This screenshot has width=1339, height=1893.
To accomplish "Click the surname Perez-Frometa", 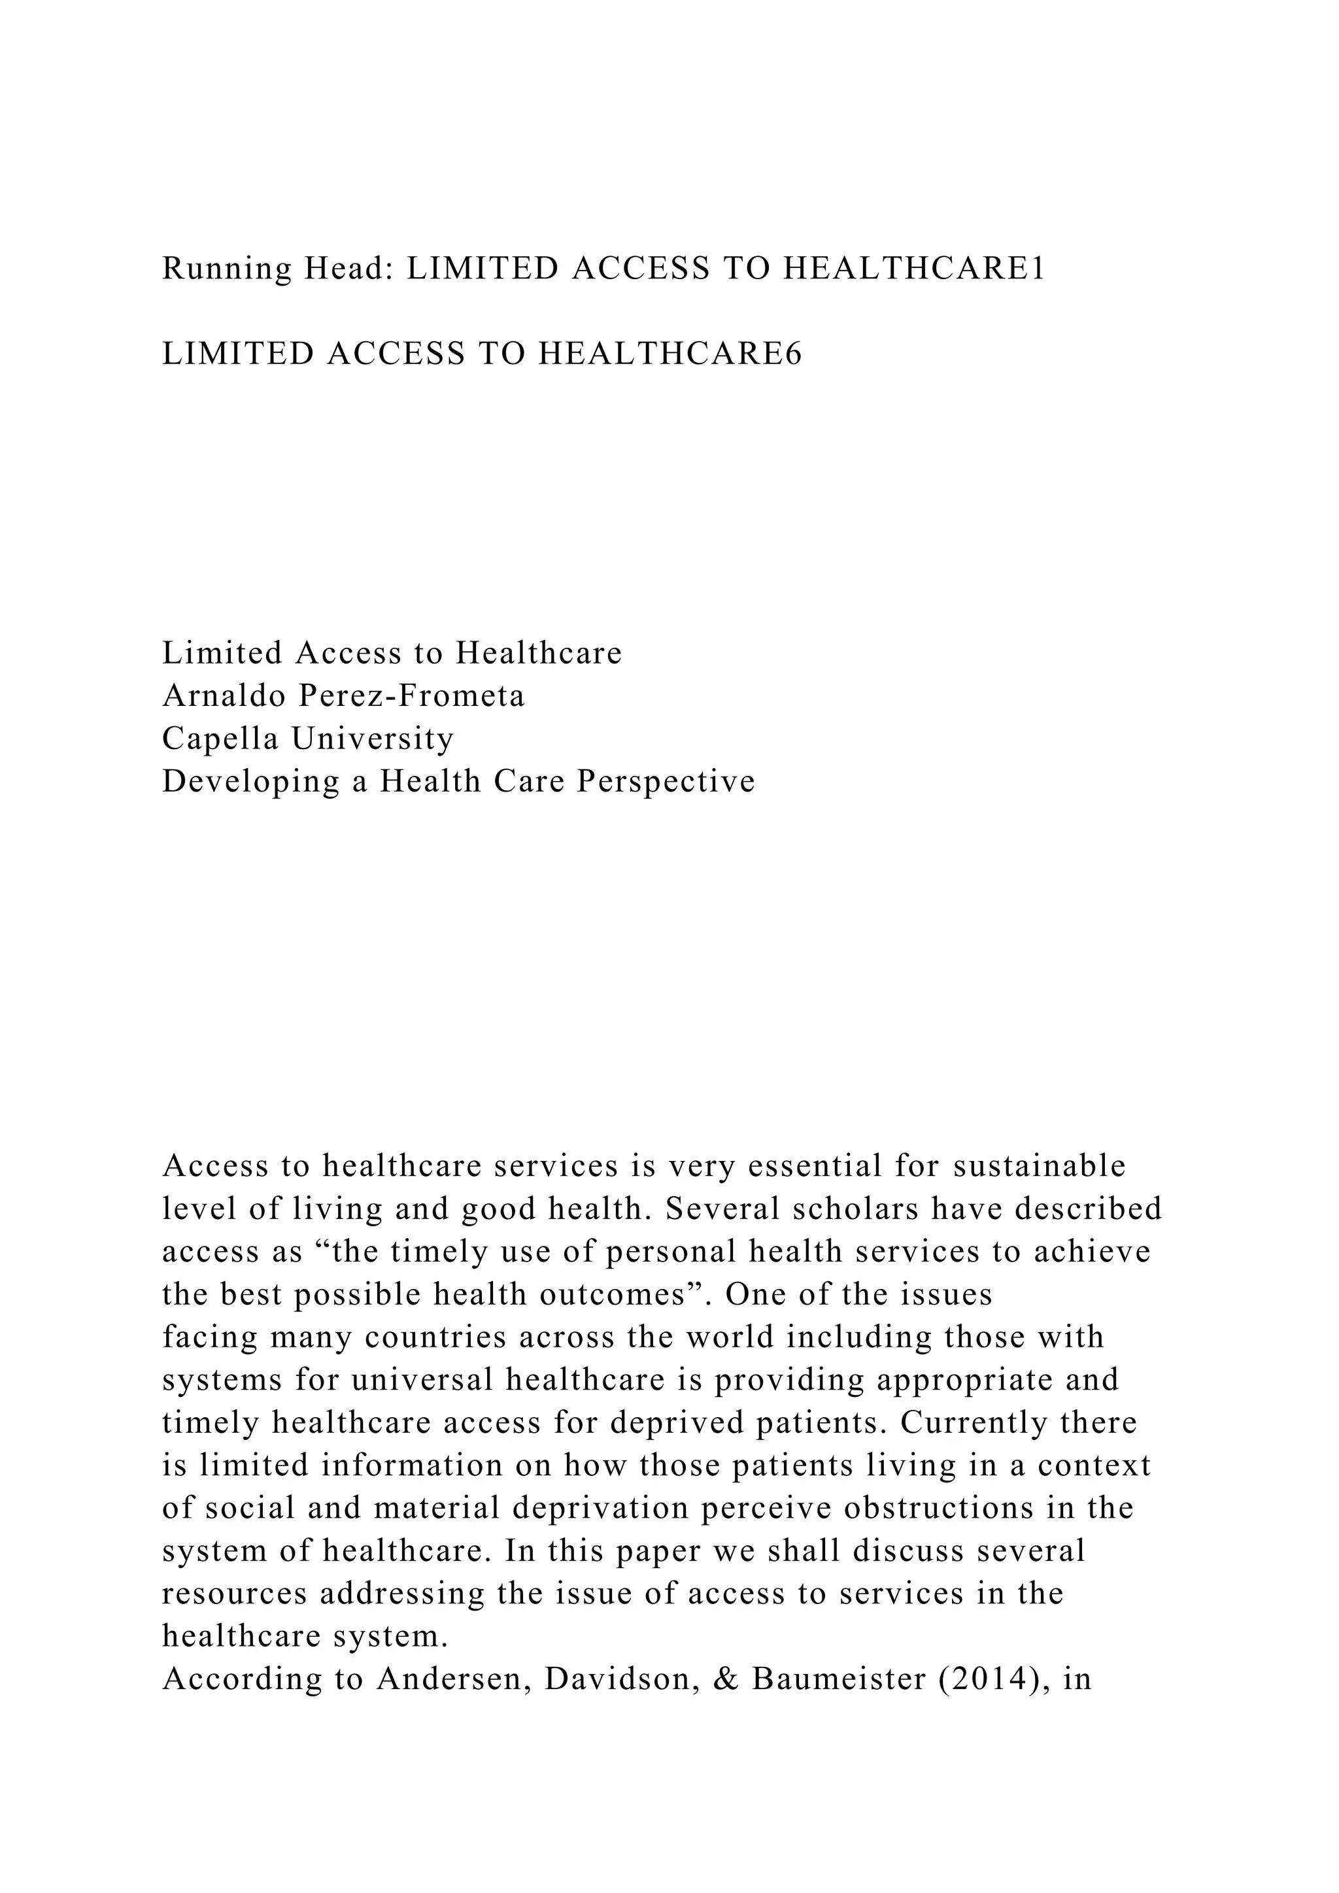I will (411, 697).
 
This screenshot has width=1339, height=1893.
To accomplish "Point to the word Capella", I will (220, 739).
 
